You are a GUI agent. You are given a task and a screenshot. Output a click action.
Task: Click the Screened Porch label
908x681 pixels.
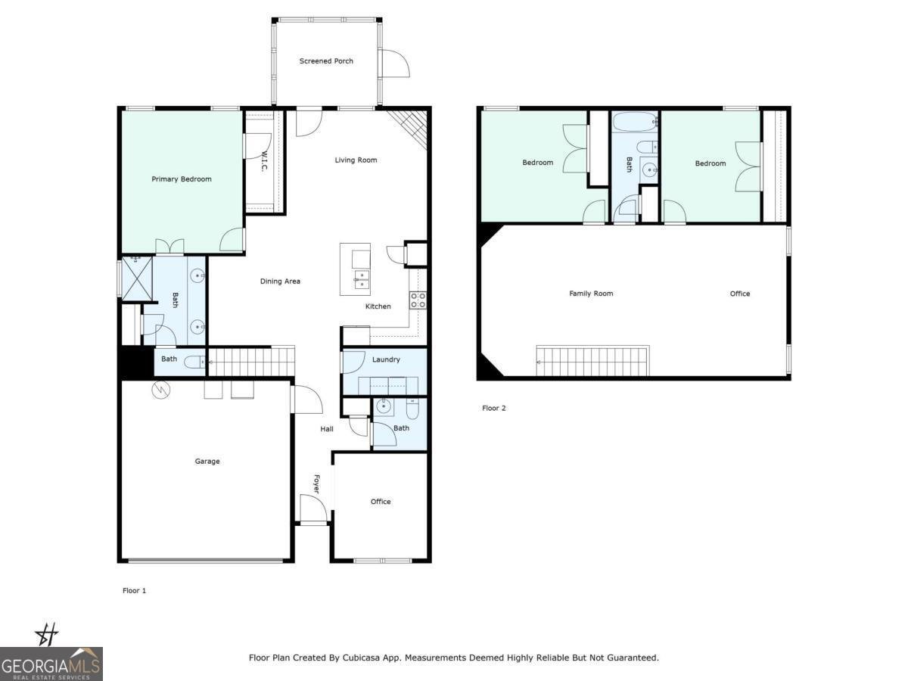click(x=326, y=61)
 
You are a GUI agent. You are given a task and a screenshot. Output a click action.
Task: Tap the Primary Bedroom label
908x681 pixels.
click(x=182, y=179)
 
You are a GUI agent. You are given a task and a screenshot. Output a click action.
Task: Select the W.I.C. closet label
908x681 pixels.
click(x=264, y=161)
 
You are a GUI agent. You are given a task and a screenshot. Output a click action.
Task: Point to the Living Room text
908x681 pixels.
click(x=356, y=160)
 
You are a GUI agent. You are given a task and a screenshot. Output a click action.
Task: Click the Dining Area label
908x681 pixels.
click(x=280, y=281)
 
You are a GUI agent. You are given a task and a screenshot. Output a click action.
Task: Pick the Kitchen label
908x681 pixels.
click(x=378, y=306)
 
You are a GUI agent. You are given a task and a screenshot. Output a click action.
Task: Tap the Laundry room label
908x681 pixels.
click(x=386, y=359)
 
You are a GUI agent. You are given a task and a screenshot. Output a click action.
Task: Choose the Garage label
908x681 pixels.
click(x=207, y=461)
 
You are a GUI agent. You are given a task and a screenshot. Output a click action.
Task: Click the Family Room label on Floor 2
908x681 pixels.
click(x=591, y=294)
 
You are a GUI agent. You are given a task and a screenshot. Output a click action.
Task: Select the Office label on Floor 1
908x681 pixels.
click(x=381, y=502)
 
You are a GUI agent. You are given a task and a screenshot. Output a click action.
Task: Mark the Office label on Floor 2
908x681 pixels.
click(x=740, y=294)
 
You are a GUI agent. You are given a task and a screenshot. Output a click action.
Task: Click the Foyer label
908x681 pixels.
click(x=316, y=484)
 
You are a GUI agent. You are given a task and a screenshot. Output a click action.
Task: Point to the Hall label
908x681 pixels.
click(x=327, y=429)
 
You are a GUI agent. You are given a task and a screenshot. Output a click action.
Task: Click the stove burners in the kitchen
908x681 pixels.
click(x=418, y=300)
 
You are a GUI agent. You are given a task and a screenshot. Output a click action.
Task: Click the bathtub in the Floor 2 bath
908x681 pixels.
click(x=634, y=122)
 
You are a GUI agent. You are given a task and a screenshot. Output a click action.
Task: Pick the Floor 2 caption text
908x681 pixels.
click(x=493, y=409)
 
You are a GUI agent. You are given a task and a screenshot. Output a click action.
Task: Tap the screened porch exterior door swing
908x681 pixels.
click(x=395, y=64)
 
